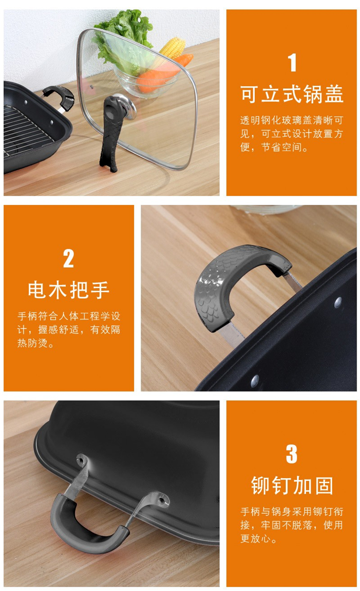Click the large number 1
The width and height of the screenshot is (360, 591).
click(292, 62)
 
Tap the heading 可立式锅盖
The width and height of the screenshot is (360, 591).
click(292, 94)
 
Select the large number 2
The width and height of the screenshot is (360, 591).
click(69, 259)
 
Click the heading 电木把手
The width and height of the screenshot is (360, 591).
click(69, 290)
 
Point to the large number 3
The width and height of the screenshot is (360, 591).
click(292, 454)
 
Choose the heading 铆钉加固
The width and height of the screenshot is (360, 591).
click(292, 486)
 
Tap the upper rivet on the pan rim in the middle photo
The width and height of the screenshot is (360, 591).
click(338, 302)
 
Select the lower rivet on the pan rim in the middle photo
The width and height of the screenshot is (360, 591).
click(254, 381)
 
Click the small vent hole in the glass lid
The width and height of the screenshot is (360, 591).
click(92, 86)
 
